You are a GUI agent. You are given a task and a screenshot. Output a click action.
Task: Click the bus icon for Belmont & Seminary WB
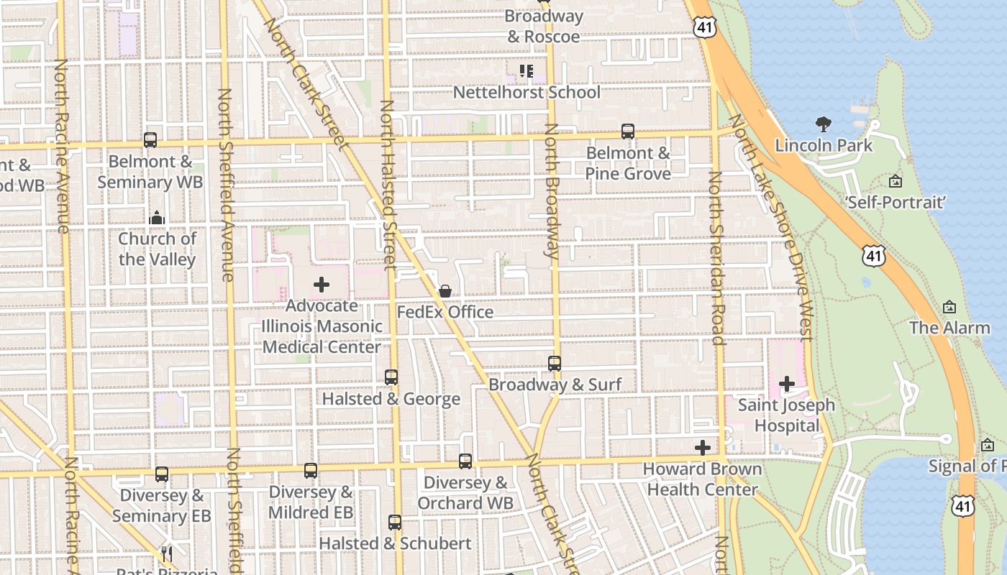(150, 140)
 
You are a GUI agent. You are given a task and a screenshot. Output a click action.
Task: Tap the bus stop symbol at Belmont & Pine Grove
(628, 132)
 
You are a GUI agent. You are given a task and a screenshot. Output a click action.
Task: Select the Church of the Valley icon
(157, 218)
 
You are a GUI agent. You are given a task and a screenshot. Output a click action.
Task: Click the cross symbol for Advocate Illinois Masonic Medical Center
(322, 285)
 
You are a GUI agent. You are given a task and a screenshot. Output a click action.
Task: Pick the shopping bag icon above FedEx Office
(445, 291)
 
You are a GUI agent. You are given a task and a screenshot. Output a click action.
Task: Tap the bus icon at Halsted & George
(391, 377)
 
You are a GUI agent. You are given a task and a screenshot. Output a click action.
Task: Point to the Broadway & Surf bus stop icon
(555, 364)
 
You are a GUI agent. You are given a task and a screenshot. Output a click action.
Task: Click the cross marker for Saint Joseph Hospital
(787, 384)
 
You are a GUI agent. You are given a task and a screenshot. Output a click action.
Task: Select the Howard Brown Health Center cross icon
(703, 448)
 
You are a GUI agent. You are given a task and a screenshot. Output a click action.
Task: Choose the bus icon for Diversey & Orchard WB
(465, 461)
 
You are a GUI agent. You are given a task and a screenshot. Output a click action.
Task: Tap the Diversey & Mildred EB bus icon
(311, 471)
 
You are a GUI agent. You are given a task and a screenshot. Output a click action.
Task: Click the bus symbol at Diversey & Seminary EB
(162, 474)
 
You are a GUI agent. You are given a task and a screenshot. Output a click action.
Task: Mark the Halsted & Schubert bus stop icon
(395, 523)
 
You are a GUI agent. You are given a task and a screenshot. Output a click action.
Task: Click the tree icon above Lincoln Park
(824, 124)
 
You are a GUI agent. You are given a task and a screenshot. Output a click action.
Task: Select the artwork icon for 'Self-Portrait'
(896, 181)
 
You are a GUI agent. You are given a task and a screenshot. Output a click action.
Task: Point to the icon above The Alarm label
(949, 307)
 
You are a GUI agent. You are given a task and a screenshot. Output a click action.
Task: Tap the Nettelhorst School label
(527, 92)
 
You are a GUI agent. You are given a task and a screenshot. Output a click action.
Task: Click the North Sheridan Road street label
(716, 259)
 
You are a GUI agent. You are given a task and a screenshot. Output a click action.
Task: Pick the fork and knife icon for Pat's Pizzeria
(167, 553)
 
